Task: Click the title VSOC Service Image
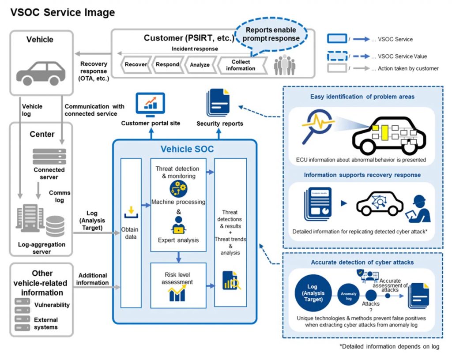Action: tap(62, 13)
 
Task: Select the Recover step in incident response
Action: tap(136, 64)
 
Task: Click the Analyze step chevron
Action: tap(200, 64)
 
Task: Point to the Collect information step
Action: tap(241, 65)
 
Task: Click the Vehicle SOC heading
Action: tap(187, 149)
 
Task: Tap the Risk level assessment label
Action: tap(178, 278)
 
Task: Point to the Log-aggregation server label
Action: tap(41, 248)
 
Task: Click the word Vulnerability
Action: tap(52, 305)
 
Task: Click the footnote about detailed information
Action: tap(389, 346)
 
